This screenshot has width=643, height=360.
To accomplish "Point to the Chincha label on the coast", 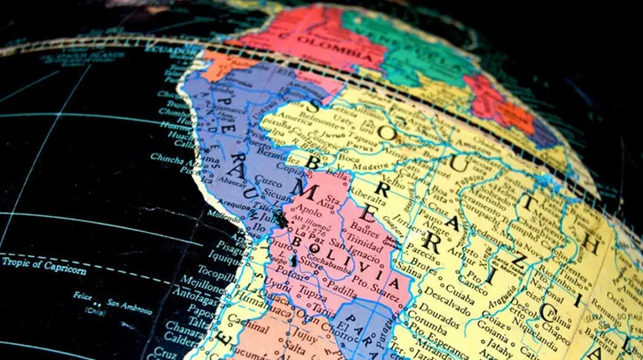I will pos(170,157).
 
